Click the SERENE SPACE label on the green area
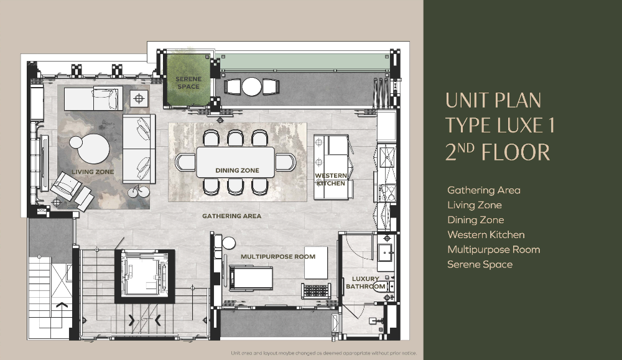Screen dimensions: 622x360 pos(188,83)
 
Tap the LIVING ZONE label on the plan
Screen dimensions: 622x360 pos(93,172)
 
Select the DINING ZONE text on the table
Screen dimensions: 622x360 pos(237,170)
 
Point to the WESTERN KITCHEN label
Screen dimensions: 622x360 pos(331,179)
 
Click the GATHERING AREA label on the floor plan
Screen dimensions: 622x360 pos(231,216)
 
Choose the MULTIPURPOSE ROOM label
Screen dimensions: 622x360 pos(278,257)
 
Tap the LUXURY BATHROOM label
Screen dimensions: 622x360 pos(365,282)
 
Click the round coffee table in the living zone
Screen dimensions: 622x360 pos(94,149)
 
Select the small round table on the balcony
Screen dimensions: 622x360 pos(252,86)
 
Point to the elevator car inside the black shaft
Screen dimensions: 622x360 pos(144,274)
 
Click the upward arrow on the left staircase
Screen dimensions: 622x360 pos(62,305)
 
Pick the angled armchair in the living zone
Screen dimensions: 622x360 pos(67,185)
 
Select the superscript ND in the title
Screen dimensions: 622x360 pos(466,148)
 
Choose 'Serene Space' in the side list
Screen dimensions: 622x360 pos(480,264)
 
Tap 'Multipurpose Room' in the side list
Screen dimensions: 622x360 pos(494,249)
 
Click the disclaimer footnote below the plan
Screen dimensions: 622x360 pos(323,353)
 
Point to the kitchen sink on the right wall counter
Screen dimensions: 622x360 pos(387,157)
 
